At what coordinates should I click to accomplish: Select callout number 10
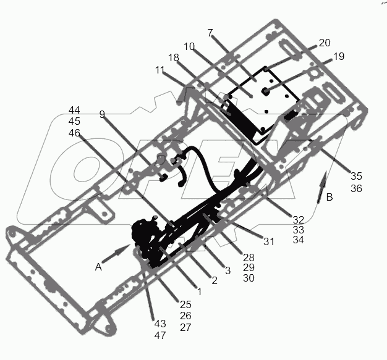click(x=190, y=46)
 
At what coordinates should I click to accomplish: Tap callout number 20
click(x=325, y=43)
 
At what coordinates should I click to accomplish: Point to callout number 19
click(x=338, y=56)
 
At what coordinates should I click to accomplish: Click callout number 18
click(x=174, y=57)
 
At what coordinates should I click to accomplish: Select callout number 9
click(x=103, y=114)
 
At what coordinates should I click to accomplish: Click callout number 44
click(x=74, y=111)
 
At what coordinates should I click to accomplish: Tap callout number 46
click(x=74, y=133)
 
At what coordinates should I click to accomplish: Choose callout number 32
click(x=298, y=219)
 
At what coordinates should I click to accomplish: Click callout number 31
click(x=268, y=242)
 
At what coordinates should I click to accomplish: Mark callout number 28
click(x=249, y=256)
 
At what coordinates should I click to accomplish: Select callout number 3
click(x=228, y=270)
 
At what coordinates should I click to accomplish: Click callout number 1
click(x=199, y=291)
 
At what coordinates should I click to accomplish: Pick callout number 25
click(x=185, y=304)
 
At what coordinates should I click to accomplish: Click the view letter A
click(x=98, y=267)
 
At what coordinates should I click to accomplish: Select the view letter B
click(x=329, y=198)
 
